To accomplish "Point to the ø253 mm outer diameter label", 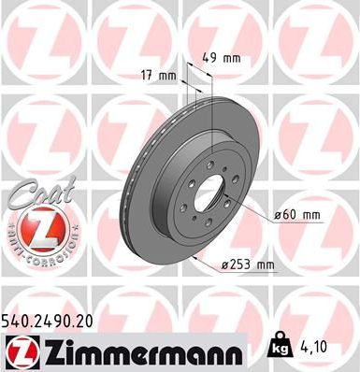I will [x=251, y=265].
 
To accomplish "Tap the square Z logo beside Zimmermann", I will [x=18, y=352].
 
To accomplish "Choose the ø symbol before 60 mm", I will [x=279, y=216].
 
